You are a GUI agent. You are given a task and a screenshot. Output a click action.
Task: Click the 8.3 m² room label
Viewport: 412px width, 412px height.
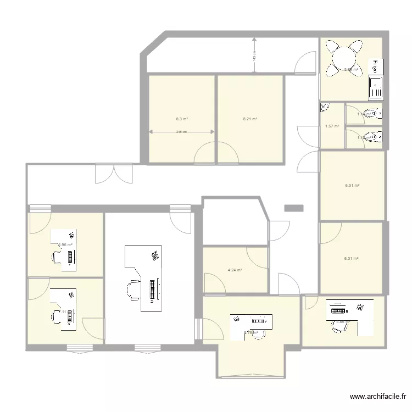tap(182, 119)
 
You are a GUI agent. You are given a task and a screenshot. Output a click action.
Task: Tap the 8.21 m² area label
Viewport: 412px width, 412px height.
tap(250, 119)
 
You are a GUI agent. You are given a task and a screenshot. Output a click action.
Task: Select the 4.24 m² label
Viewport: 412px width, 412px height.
tap(235, 270)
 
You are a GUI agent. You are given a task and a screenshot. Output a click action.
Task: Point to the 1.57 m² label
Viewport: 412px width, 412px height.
tap(332, 126)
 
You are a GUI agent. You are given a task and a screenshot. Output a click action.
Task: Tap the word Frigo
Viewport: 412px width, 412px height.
tap(375, 66)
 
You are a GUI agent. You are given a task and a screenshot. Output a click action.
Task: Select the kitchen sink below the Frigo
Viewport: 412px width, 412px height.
tap(376, 87)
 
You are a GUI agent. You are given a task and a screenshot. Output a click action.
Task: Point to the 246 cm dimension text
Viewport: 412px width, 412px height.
tap(182, 132)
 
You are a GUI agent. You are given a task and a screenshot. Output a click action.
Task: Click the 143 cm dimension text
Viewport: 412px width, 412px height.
tap(254, 55)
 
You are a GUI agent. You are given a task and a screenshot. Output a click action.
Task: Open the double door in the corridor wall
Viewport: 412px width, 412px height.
tap(114, 173)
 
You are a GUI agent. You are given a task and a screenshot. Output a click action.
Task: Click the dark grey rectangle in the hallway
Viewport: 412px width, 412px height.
tap(294, 208)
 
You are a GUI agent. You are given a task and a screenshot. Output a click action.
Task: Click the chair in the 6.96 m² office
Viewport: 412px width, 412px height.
tap(57, 257)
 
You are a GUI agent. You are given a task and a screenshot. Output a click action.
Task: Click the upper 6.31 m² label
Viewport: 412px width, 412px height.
tap(352, 186)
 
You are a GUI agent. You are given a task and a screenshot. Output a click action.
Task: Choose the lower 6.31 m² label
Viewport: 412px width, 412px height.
tap(352, 258)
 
